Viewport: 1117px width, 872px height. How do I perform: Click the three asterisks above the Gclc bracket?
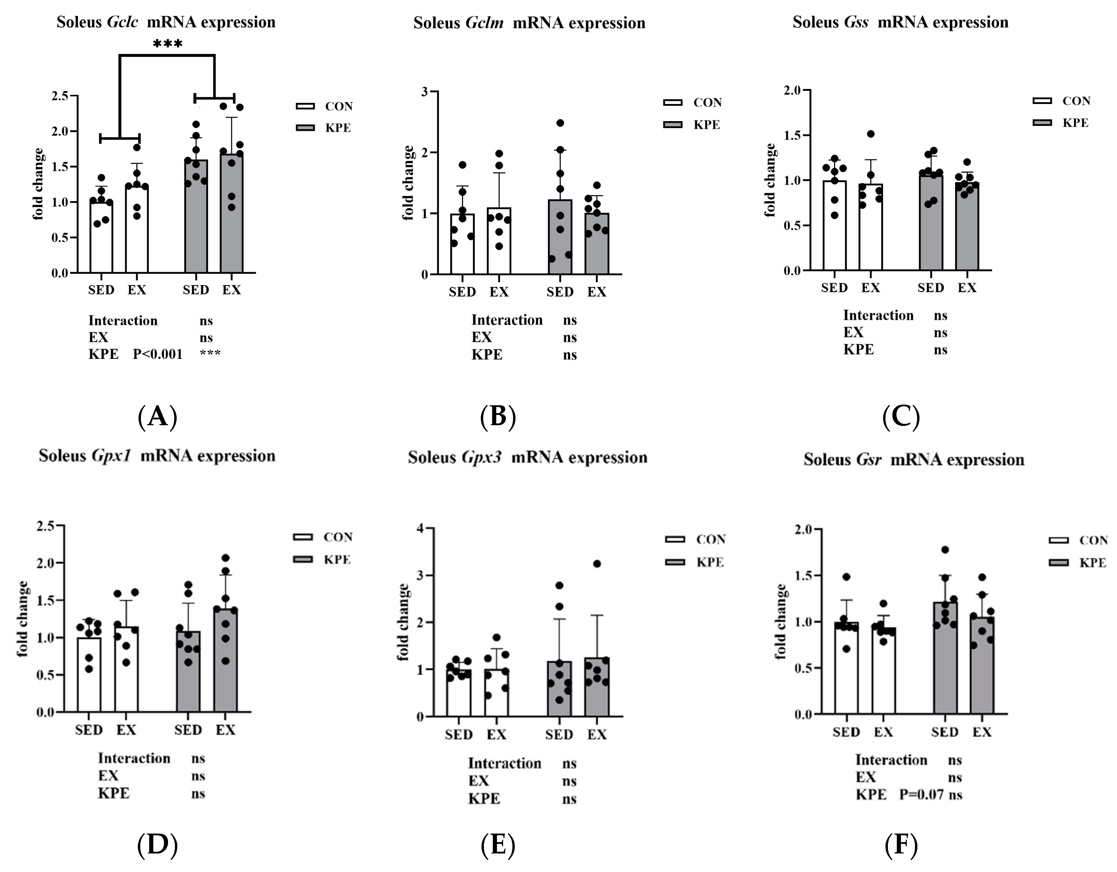[167, 44]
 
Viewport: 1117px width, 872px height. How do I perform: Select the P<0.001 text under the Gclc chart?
[157, 354]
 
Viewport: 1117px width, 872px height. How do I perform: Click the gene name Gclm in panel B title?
[484, 23]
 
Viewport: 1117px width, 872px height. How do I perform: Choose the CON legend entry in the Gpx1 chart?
[337, 537]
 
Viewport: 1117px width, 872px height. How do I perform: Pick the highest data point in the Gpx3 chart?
[596, 563]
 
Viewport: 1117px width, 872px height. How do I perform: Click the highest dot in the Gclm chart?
[560, 123]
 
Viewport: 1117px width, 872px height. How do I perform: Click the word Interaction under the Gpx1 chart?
[134, 758]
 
